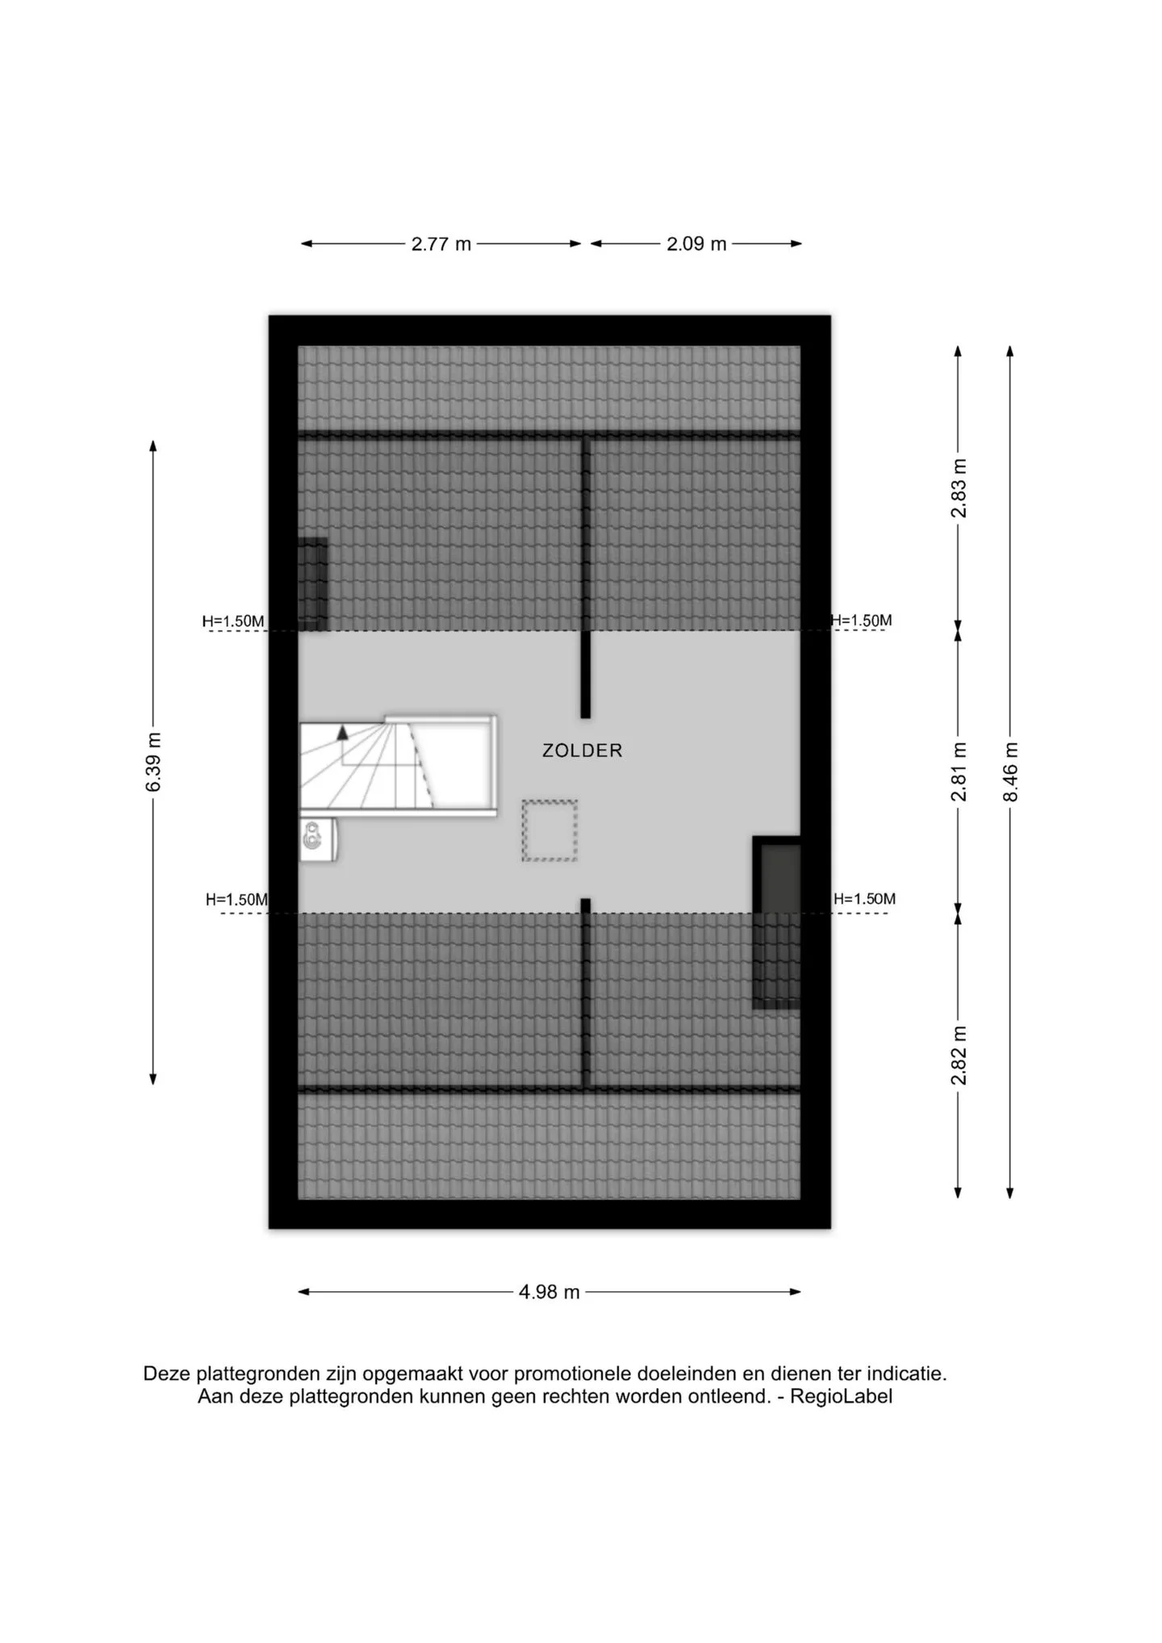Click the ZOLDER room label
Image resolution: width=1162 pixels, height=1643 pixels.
[582, 750]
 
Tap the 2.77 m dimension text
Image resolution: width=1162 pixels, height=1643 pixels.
[441, 244]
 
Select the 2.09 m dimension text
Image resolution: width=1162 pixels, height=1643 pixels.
[696, 244]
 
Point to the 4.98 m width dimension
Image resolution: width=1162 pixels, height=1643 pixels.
[549, 1292]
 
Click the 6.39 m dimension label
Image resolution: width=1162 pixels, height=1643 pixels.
[153, 762]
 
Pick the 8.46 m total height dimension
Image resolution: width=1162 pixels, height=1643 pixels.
[1010, 771]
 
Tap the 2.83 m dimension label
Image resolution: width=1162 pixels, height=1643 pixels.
[958, 488]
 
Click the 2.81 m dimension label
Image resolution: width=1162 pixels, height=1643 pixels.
[958, 771]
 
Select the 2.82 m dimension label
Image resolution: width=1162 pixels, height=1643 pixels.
[958, 1056]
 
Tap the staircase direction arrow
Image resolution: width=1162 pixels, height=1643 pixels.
[342, 733]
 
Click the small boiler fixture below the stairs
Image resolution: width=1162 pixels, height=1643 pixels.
[318, 838]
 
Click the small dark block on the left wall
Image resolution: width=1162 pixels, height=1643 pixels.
[313, 583]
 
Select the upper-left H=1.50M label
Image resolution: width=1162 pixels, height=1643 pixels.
[233, 621]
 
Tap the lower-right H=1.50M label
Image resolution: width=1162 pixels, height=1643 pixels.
[864, 899]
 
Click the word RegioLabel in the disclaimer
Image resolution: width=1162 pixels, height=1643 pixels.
[841, 1397]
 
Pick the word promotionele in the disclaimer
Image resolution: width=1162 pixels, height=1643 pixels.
[572, 1373]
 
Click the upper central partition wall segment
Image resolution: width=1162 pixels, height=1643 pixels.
[586, 578]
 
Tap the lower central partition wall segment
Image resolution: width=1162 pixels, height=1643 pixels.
[586, 993]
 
